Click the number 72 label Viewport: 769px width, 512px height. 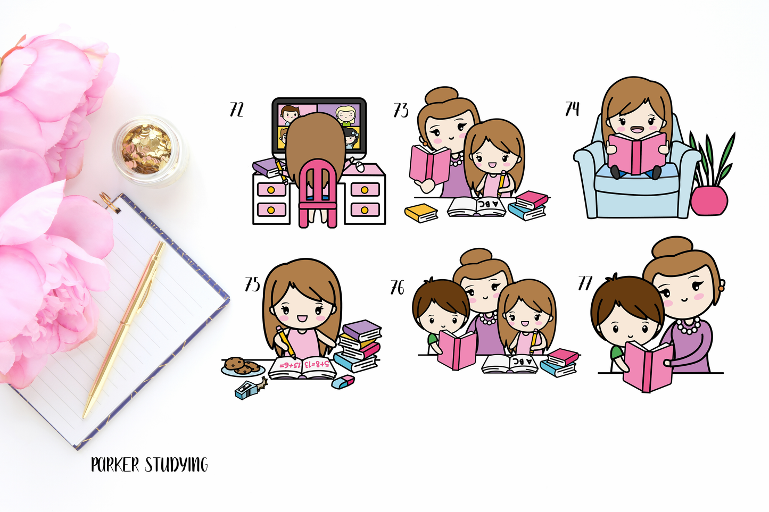click(236, 110)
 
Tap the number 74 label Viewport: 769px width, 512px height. click(572, 108)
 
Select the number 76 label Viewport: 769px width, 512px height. click(398, 288)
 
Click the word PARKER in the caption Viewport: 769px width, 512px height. click(115, 465)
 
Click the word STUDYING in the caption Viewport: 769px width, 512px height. click(176, 465)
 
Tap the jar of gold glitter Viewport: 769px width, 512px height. click(147, 150)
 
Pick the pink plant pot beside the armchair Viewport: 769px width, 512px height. click(709, 200)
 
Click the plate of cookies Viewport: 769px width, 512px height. click(242, 366)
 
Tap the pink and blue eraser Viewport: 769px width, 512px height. click(343, 382)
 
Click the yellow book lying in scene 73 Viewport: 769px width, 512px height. click(421, 213)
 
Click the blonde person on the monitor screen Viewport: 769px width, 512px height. click(345, 115)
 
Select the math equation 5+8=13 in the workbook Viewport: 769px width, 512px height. click(317, 364)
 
